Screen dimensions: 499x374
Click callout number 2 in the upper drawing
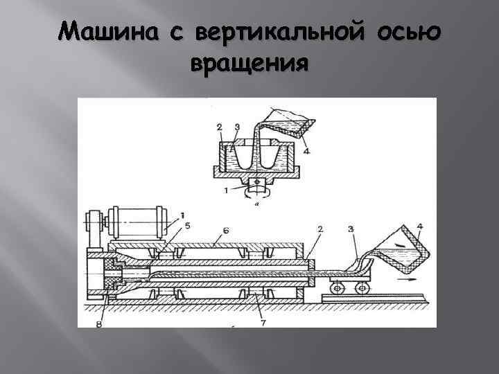coord(219,127)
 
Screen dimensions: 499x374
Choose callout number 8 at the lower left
coord(98,323)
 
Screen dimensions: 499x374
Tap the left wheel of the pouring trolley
coord(337,287)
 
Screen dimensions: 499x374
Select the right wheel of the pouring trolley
coord(360,287)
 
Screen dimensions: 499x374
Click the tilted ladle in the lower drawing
coord(396,253)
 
